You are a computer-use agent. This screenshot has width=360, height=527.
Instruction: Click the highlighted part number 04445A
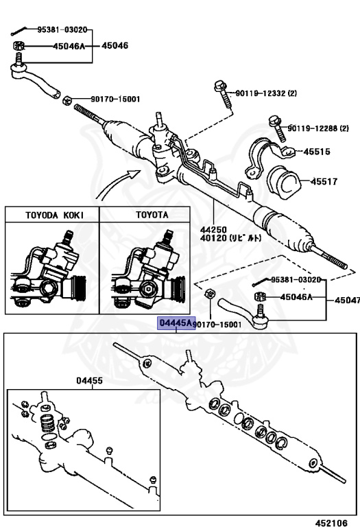(177, 323)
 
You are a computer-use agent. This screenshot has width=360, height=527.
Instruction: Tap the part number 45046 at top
(115, 45)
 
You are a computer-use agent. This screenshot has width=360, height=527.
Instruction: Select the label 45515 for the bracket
(317, 152)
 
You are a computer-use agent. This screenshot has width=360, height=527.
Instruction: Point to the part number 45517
(324, 181)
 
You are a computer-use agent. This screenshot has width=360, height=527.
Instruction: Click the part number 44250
(213, 230)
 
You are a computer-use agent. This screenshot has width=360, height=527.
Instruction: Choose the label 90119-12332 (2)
(266, 93)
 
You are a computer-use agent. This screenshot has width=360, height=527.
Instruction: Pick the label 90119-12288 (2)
(318, 128)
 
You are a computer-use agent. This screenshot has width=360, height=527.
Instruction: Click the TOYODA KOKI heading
(54, 215)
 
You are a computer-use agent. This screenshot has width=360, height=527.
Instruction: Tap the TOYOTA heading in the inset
(152, 215)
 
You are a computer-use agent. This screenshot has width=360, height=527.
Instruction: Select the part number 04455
(89, 380)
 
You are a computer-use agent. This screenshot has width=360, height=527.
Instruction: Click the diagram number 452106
(331, 523)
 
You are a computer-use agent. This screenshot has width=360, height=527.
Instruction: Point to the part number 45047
(347, 300)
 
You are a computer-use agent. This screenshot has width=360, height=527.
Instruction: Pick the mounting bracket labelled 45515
(267, 156)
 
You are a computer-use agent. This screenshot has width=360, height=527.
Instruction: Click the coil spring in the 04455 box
(48, 424)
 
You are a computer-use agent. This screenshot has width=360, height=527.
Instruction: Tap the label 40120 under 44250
(230, 238)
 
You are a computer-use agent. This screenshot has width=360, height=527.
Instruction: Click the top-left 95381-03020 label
(62, 30)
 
